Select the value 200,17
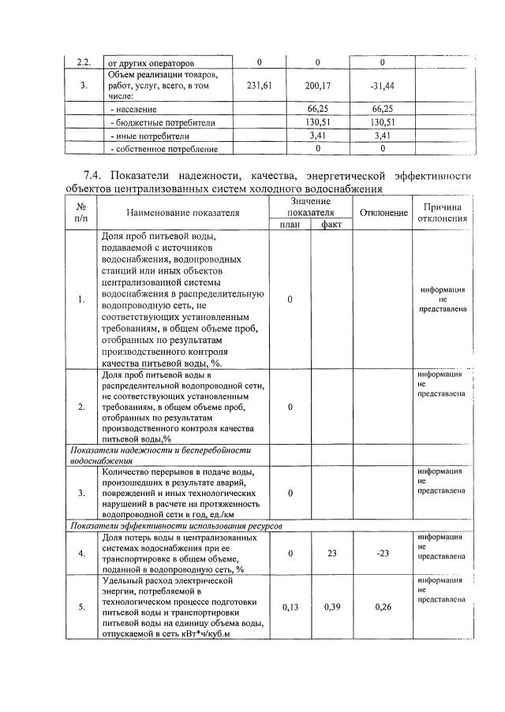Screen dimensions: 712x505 [317, 86]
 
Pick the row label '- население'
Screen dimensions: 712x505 [135, 110]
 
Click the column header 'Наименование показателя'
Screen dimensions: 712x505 [181, 212]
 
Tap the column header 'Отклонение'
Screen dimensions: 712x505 [383, 212]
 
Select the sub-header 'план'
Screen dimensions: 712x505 [290, 224]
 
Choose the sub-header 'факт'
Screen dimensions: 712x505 [331, 224]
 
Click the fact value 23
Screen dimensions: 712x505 [331, 554]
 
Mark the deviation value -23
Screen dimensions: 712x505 [383, 554]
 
